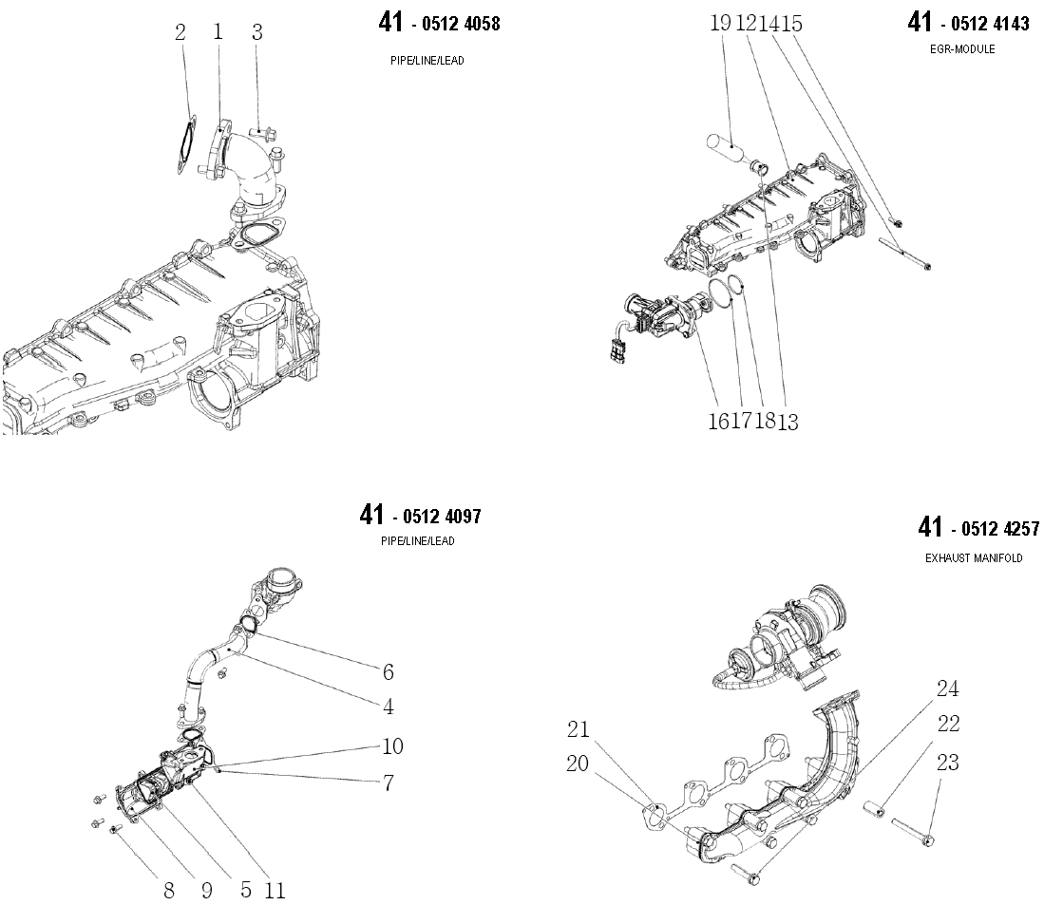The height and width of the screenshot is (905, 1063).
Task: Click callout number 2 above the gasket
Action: point(180,32)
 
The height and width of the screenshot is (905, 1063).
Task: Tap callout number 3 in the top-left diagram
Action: point(256,32)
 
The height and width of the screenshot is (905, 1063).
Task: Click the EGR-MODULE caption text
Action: point(962,49)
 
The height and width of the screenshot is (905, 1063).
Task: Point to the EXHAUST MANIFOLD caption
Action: point(974,558)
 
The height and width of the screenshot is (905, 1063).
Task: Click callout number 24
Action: point(947,688)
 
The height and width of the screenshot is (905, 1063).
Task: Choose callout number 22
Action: point(947,725)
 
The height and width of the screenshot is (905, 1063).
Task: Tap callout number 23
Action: point(947,762)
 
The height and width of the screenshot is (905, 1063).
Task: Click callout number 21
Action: point(579,729)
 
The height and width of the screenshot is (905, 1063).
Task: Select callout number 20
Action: point(579,763)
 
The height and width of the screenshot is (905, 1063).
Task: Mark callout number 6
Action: point(388,672)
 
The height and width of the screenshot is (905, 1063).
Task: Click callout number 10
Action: point(392,746)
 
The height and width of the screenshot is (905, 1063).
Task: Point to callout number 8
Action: point(169,890)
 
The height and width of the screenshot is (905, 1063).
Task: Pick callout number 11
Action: point(275,890)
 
